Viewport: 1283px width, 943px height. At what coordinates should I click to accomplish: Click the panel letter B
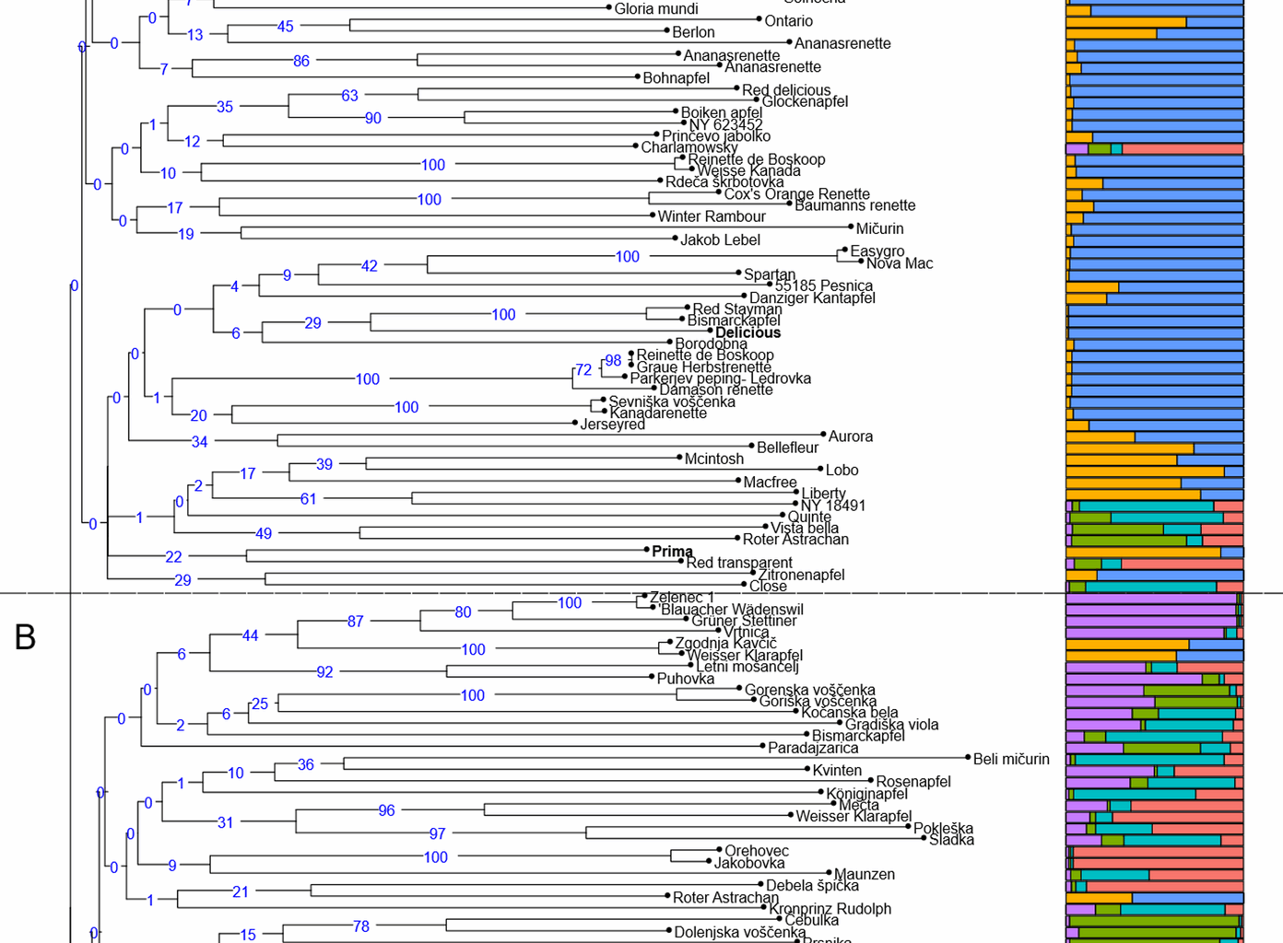(25, 636)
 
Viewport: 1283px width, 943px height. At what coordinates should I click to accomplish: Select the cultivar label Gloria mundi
(656, 9)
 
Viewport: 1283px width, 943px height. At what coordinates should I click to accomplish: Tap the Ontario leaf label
(788, 21)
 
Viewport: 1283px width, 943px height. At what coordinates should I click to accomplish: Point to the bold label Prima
(672, 552)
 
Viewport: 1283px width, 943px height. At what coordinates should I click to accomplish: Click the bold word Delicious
(747, 333)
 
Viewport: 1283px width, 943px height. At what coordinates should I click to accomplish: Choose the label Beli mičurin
(1011, 760)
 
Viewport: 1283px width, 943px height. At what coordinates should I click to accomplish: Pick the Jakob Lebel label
(720, 240)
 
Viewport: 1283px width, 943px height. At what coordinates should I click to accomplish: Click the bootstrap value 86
(301, 62)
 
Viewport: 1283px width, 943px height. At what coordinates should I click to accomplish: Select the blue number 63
(349, 96)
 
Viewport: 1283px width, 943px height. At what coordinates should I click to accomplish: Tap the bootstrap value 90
(373, 119)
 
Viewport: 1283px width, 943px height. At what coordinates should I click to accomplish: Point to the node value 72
(583, 370)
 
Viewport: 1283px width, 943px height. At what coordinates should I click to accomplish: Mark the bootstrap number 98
(613, 361)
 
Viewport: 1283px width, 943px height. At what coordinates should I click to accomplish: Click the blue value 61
(308, 499)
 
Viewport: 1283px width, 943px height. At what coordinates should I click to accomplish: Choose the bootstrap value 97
(437, 834)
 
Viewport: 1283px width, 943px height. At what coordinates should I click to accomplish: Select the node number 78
(361, 926)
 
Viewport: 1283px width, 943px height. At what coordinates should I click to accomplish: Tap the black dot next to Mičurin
(851, 227)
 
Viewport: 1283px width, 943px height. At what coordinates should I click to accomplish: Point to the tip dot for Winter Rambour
(653, 215)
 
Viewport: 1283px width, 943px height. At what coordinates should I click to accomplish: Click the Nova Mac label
(900, 264)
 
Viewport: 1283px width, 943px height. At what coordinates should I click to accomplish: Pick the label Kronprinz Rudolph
(830, 909)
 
